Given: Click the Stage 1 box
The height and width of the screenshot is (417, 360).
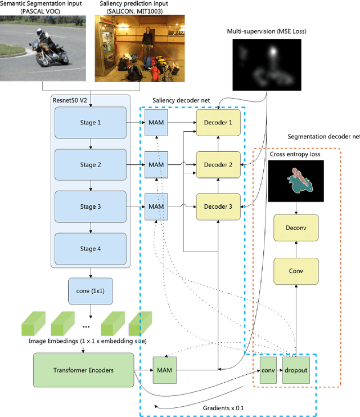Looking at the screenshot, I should coord(88,122).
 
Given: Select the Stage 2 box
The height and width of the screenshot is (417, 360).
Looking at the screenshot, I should coord(88,164).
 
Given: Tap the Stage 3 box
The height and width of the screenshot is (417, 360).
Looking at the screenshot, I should coord(88,207).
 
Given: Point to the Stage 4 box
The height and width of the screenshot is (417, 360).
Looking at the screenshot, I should coord(88,248).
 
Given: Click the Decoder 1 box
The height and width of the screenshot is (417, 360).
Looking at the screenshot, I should coord(218,122).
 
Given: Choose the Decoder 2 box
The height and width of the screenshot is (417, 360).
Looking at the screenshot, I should coord(218,164).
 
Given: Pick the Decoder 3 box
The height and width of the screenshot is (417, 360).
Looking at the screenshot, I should coord(218,207).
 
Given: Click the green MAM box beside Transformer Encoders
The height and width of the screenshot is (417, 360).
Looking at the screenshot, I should coord(164,370).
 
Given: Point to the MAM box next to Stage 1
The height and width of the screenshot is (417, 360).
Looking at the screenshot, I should coord(156,122).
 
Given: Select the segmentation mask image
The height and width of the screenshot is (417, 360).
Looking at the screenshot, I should coord(296,181).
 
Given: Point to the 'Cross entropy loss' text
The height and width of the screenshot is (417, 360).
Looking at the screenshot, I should coord(294,154).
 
